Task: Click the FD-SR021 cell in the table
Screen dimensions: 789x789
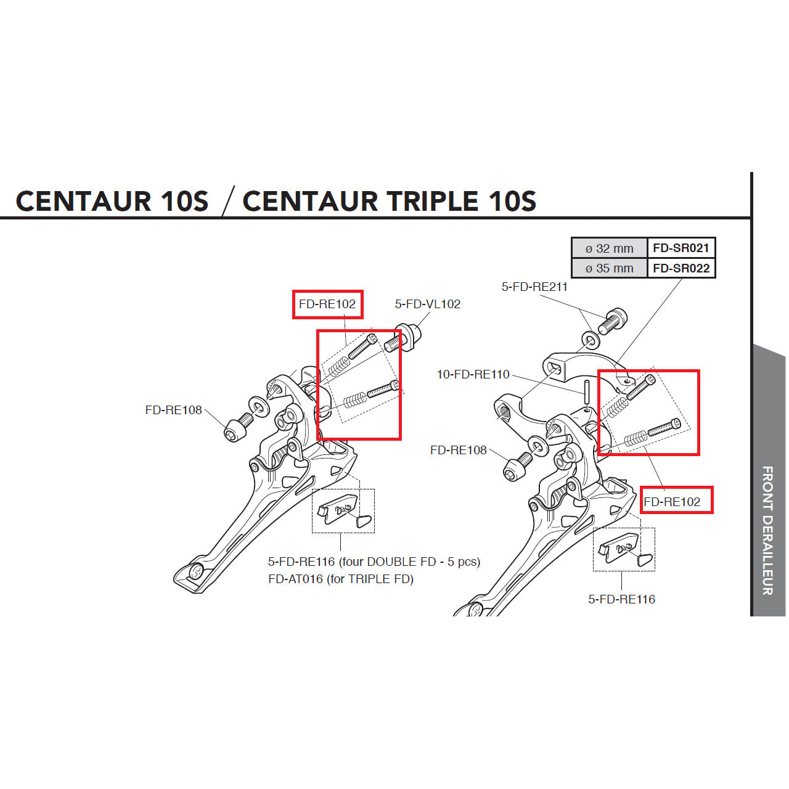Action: (x=681, y=248)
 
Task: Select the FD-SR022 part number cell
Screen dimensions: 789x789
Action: (x=681, y=268)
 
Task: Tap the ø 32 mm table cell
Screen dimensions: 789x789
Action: (x=609, y=248)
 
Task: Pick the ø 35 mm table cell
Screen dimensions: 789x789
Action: (x=609, y=269)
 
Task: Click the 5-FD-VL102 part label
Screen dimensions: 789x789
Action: (x=427, y=304)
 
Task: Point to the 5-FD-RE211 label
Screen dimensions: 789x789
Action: (x=534, y=287)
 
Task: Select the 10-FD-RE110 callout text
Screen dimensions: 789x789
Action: (x=473, y=374)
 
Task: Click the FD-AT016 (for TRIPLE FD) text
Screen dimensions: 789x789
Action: (x=340, y=579)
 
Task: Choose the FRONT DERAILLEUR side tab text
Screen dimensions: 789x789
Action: (x=767, y=530)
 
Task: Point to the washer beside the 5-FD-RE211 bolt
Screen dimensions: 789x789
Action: (x=590, y=339)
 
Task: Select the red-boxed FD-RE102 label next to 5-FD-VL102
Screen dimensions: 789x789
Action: (x=327, y=304)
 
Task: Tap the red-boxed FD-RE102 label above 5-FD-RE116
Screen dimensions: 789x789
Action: (x=672, y=502)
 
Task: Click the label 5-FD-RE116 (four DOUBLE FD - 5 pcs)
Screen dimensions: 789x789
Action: (x=374, y=562)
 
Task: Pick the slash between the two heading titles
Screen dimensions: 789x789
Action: (x=227, y=202)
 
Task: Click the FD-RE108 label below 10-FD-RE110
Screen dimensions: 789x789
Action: (x=458, y=451)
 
